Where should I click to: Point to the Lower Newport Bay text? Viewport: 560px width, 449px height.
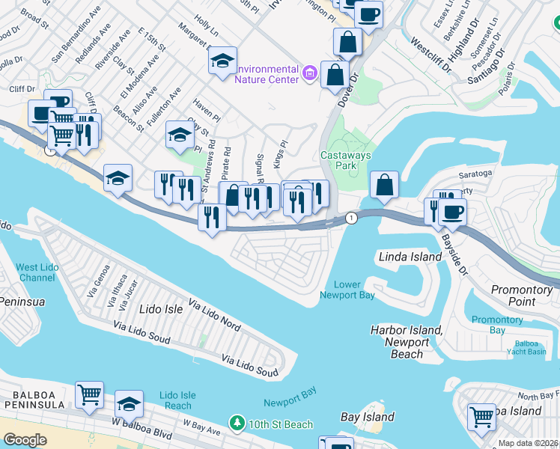click(347, 290)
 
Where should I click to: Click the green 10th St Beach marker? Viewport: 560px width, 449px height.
click(237, 424)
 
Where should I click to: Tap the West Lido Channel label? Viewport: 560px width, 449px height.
click(37, 272)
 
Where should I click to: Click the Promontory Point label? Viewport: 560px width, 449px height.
click(521, 296)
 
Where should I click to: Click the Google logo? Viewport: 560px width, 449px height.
click(25, 440)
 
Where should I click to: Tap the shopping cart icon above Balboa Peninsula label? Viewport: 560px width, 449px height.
click(89, 394)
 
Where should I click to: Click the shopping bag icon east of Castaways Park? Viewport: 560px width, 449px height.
click(384, 184)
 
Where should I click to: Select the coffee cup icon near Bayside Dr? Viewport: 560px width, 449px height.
click(451, 212)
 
